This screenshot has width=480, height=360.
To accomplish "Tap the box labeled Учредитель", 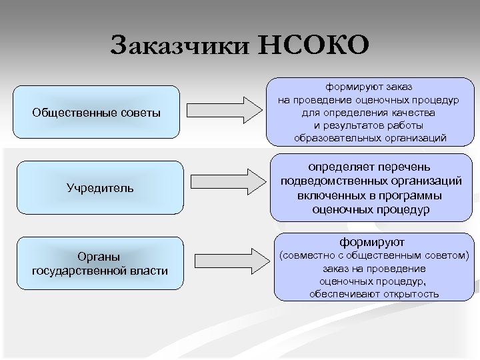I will point(100,187).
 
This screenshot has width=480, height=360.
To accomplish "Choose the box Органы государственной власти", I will point(100,263).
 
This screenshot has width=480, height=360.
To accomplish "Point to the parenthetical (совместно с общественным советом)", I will point(373,255).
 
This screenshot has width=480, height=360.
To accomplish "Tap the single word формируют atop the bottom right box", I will point(373,241).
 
